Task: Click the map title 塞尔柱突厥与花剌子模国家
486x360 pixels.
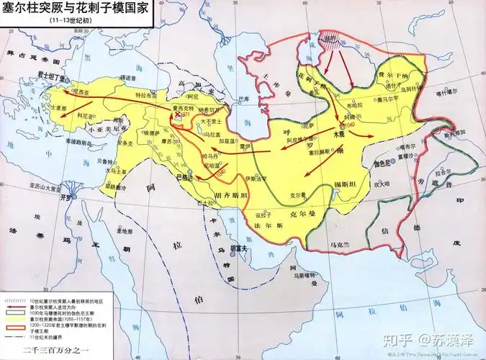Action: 76,10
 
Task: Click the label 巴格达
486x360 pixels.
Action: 184,175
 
